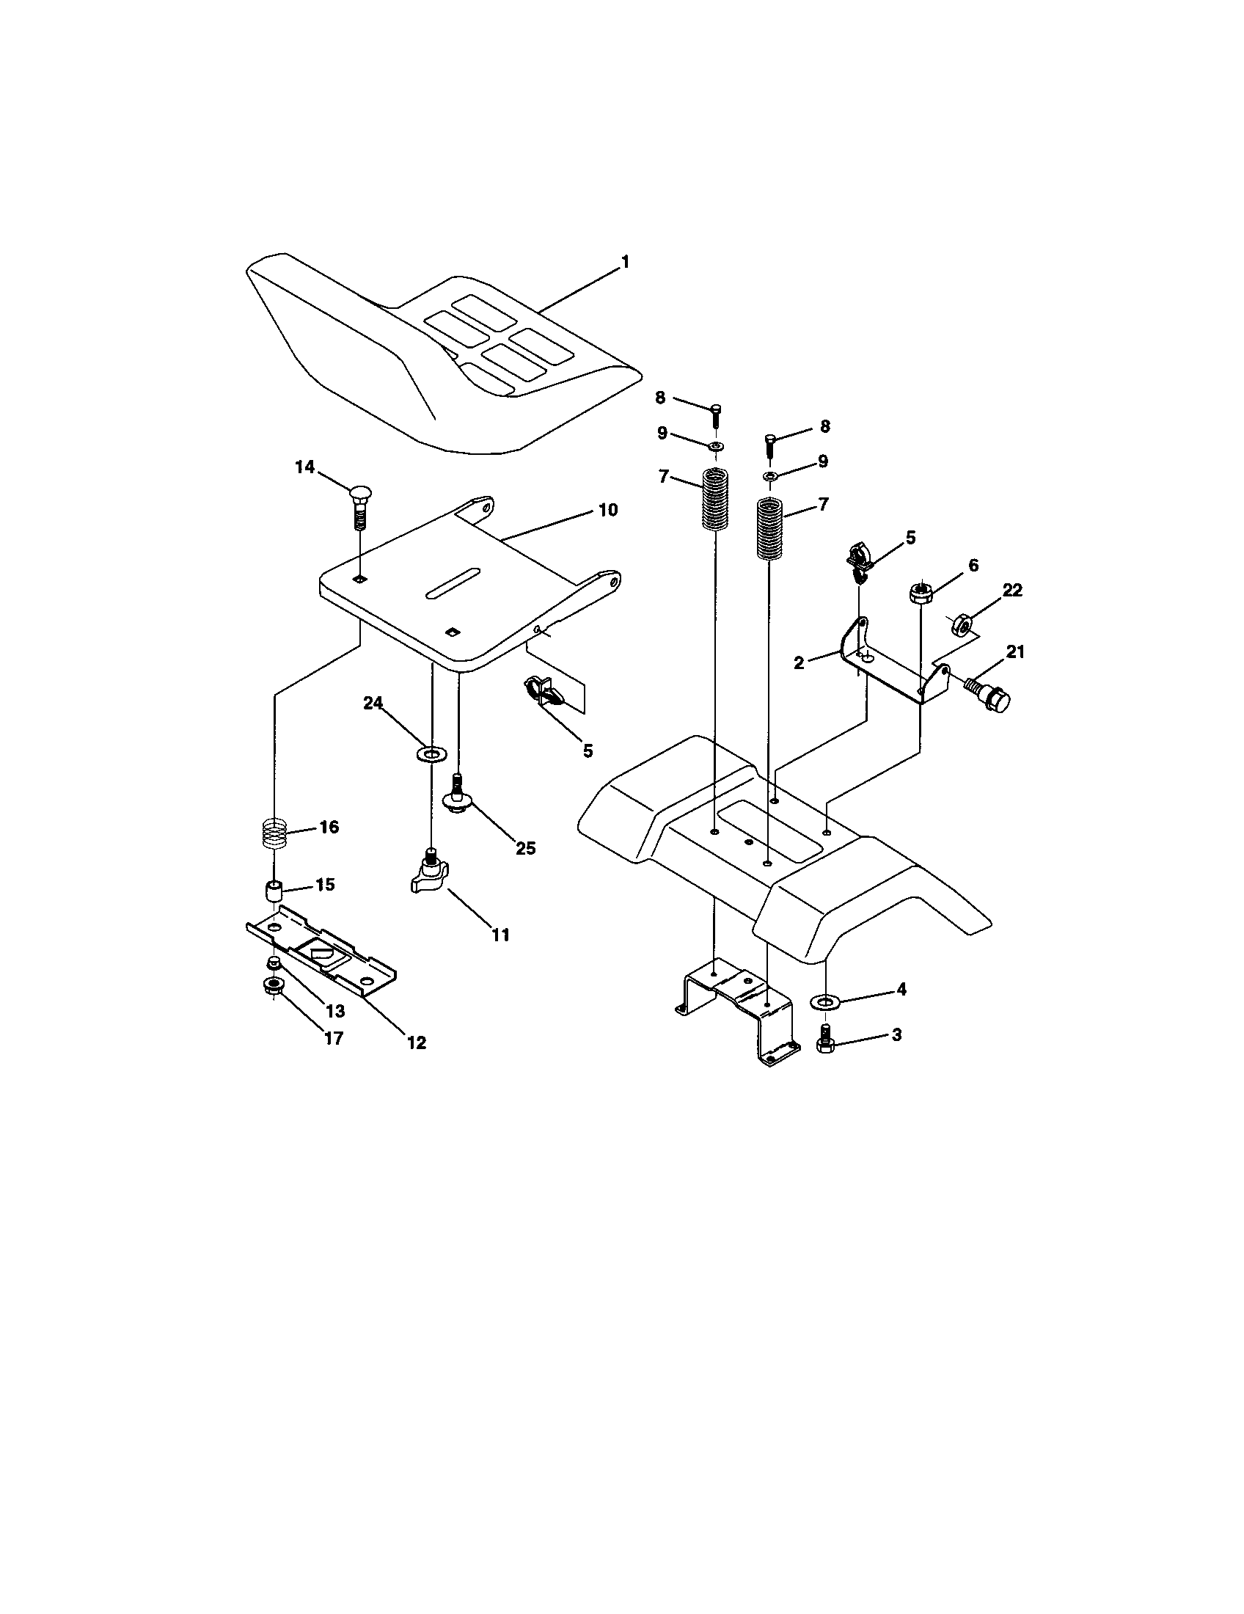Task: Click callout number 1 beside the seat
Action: (625, 262)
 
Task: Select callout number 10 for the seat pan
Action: (607, 510)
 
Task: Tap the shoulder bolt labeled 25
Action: (457, 797)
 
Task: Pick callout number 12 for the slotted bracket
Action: (417, 1042)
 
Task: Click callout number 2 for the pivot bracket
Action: (799, 663)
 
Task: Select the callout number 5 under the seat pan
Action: (588, 751)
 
